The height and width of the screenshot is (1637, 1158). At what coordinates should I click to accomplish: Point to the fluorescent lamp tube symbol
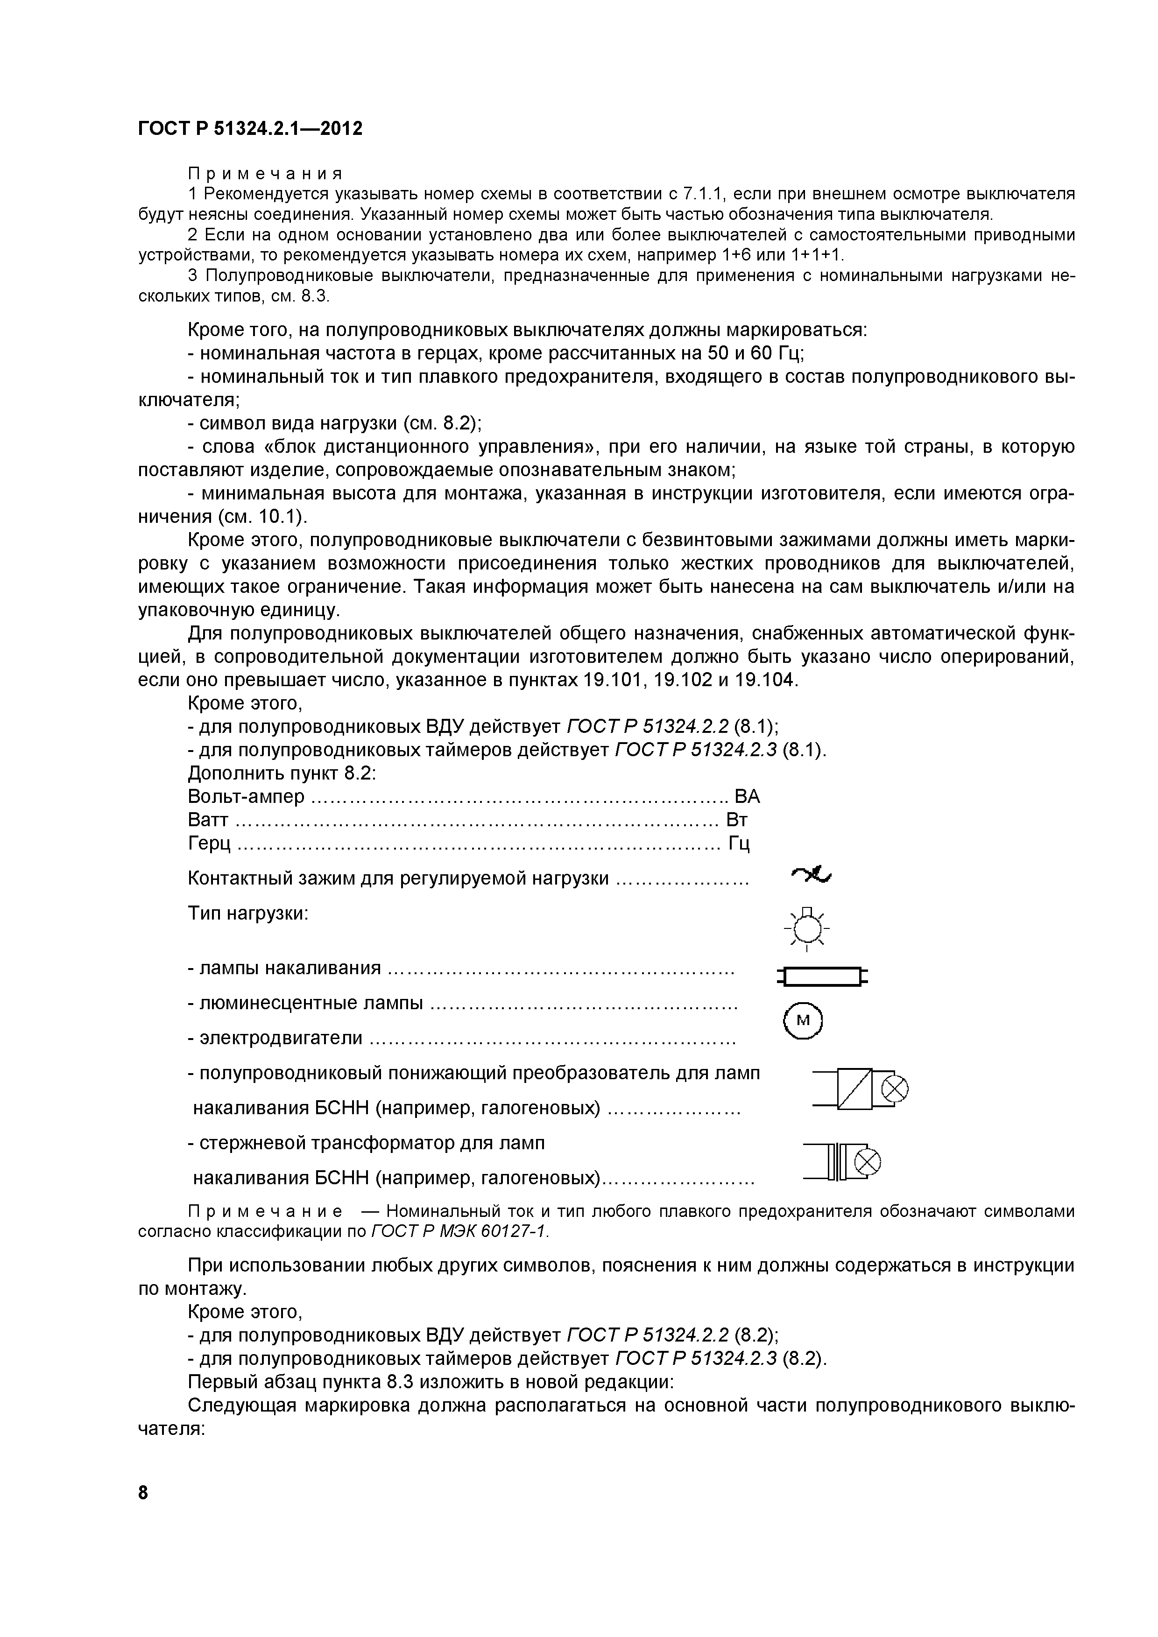[x=822, y=976]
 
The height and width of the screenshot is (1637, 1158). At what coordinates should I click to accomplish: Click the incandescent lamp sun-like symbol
[x=806, y=929]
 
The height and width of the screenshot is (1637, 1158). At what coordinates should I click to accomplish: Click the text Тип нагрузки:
[x=247, y=913]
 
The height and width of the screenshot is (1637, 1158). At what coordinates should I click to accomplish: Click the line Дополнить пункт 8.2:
[x=281, y=773]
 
